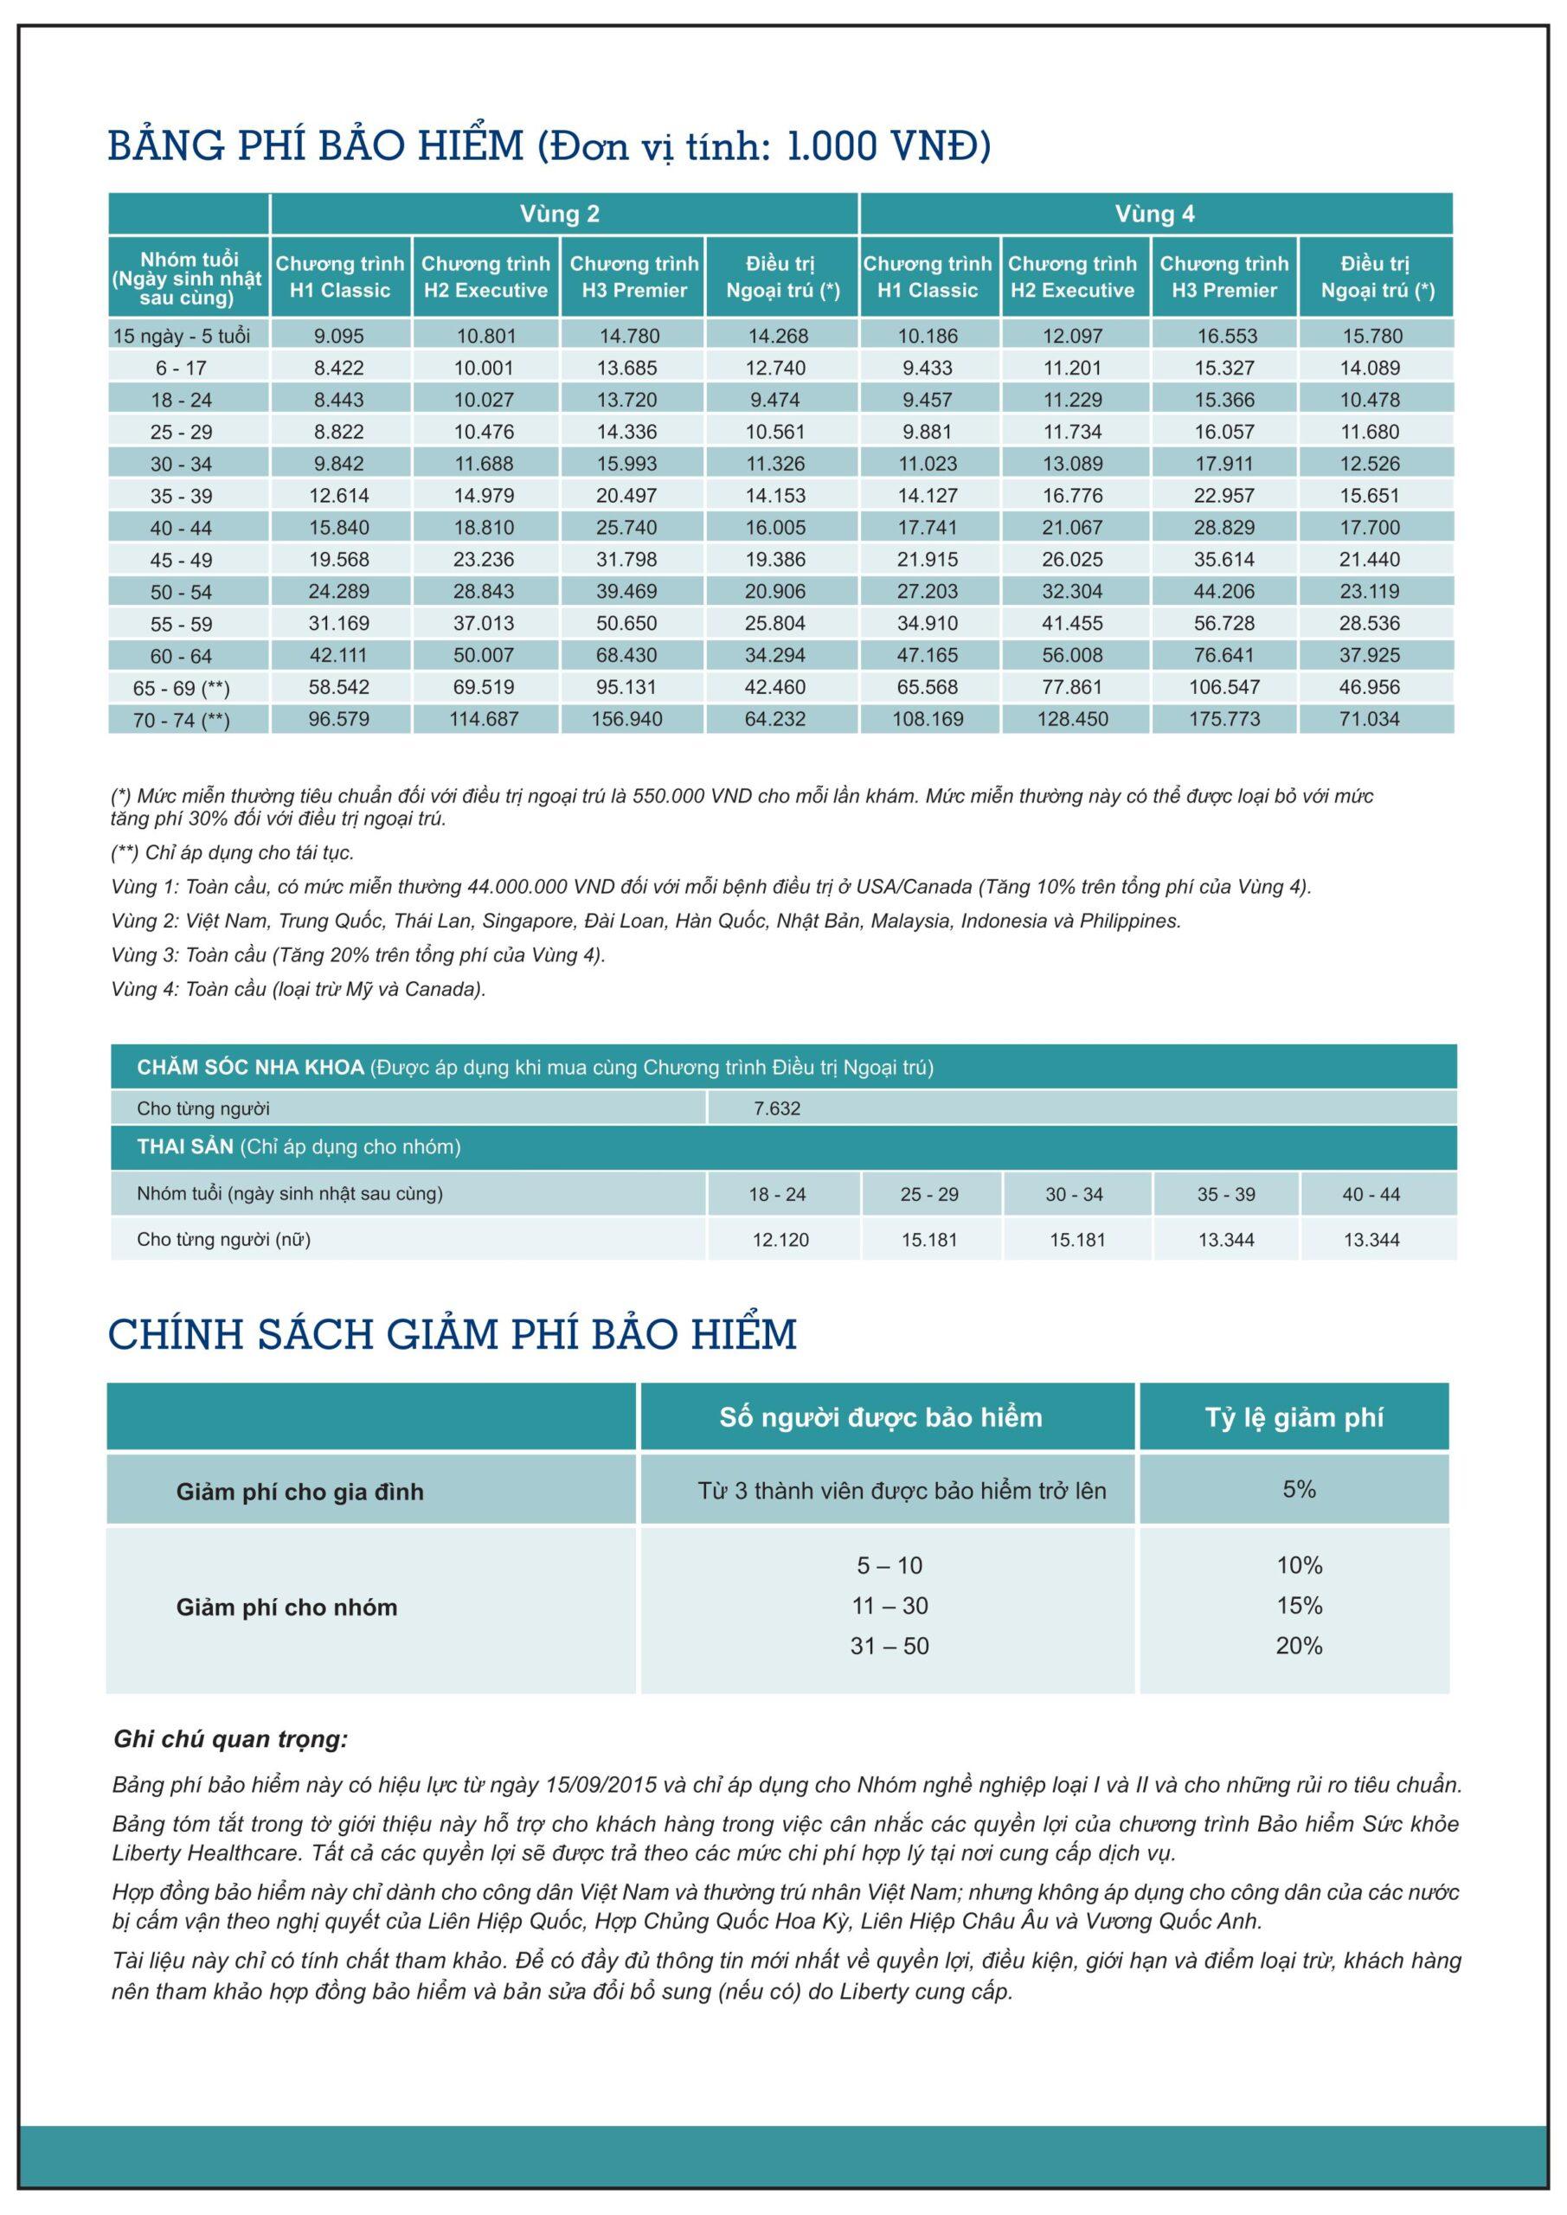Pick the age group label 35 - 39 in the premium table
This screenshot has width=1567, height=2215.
(181, 496)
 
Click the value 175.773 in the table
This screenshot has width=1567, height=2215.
(1223, 719)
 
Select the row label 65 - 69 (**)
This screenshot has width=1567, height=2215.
(182, 688)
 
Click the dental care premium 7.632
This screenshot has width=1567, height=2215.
(777, 1108)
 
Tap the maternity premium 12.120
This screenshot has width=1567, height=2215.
(780, 1240)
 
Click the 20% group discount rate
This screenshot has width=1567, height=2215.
(1299, 1646)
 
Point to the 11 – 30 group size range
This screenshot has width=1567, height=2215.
(889, 1605)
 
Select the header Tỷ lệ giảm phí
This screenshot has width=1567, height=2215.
(1293, 1417)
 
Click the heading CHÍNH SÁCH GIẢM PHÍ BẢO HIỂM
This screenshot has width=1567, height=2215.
(453, 1334)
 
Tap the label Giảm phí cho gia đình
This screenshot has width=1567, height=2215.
(299, 1492)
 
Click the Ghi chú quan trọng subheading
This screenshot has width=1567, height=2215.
(231, 1739)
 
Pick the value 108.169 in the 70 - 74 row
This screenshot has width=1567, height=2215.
(928, 719)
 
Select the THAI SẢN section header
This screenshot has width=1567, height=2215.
(185, 1147)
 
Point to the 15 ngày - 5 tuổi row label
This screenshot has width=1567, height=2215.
(182, 336)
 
